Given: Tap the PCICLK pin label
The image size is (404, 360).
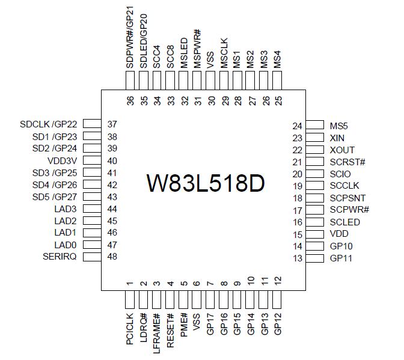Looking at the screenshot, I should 130,331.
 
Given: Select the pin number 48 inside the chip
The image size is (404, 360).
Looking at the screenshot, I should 112,257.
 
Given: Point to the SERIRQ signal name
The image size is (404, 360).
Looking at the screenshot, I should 60,257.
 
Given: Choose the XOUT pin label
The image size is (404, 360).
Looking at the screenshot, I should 342,150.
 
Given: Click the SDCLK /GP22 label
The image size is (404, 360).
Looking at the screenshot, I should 48,124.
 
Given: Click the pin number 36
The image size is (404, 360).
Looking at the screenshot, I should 130,100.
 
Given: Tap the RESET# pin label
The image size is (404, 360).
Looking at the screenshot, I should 171,331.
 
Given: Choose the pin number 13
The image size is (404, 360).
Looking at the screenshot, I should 297,258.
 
